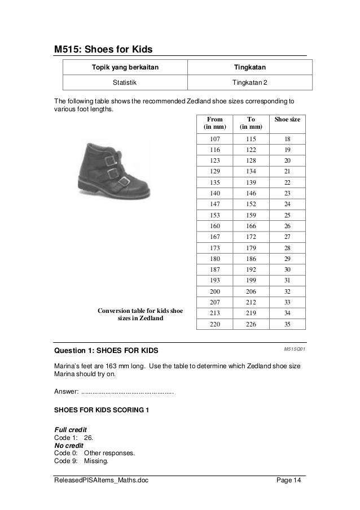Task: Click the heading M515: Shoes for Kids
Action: pyautogui.click(x=103, y=50)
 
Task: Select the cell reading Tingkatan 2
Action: pyautogui.click(x=251, y=82)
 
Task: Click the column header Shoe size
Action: pyautogui.click(x=287, y=120)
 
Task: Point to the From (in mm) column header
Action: pyautogui.click(x=214, y=124)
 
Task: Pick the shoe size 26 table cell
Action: pyautogui.click(x=287, y=226)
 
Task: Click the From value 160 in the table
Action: pyautogui.click(x=214, y=226)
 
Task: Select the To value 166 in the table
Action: pyautogui.click(x=251, y=226)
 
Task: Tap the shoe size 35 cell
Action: pyautogui.click(x=287, y=324)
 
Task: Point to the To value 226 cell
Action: pyautogui.click(x=251, y=324)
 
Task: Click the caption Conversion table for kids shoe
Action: pyautogui.click(x=141, y=311)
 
